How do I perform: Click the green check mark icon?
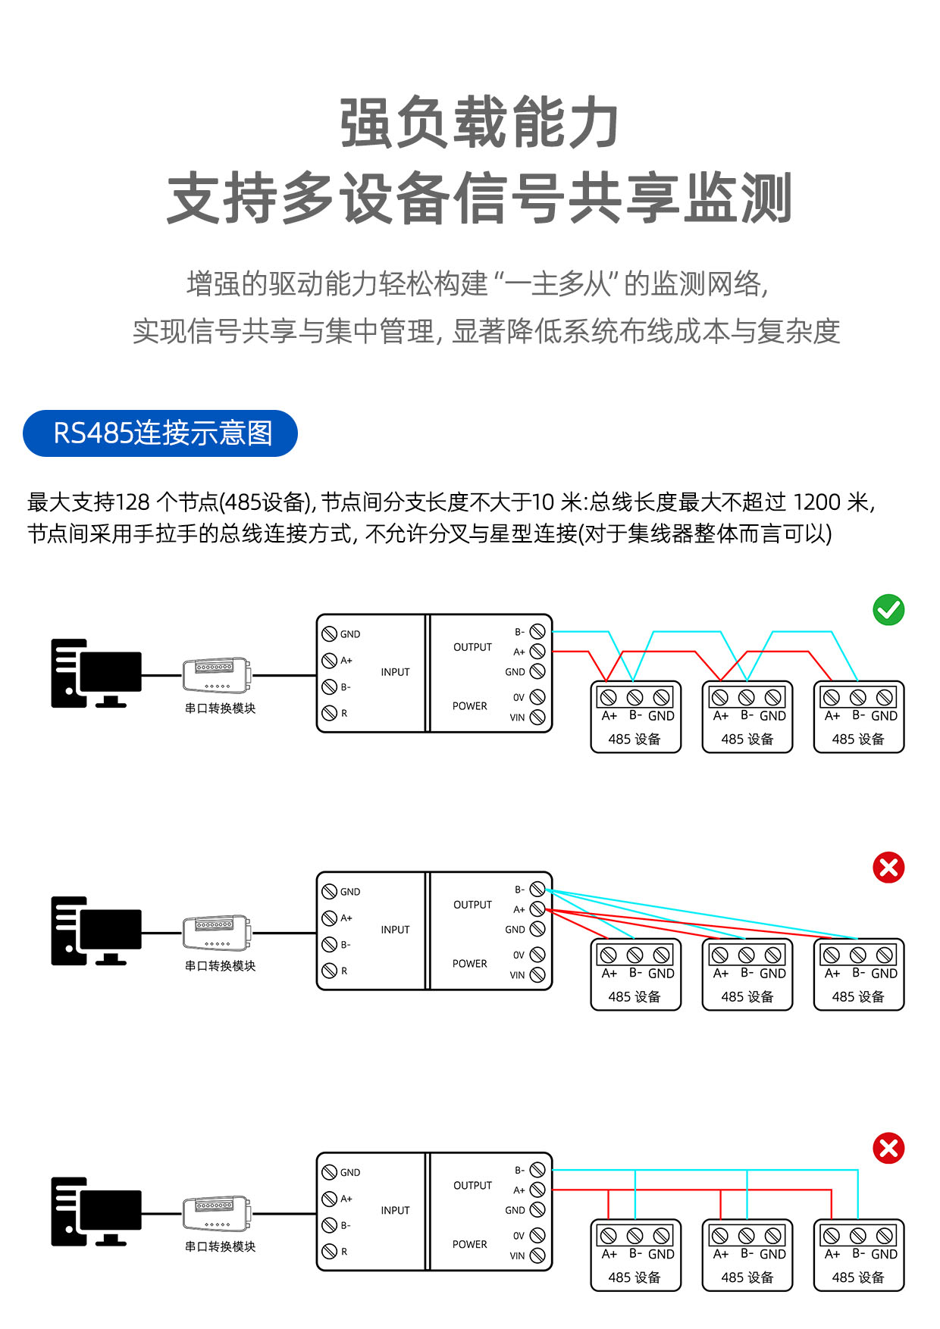[888, 610]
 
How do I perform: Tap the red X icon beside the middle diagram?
[888, 868]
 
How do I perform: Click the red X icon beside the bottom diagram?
[888, 1148]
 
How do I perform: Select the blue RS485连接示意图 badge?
[160, 433]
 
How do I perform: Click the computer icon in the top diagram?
[96, 674]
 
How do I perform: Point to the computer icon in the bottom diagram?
[96, 1212]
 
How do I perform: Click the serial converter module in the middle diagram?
[217, 933]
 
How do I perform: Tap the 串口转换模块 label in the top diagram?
[220, 708]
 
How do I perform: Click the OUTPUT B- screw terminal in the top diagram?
[537, 631]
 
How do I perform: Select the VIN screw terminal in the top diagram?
[537, 717]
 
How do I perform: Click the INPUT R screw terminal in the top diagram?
[329, 713]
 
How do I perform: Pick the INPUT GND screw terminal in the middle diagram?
[329, 891]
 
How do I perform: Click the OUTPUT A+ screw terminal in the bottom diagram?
[537, 1190]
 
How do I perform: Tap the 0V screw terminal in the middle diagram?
[537, 954]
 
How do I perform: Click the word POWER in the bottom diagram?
[470, 1244]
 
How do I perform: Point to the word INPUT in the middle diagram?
[395, 930]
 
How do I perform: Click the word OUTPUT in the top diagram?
[472, 647]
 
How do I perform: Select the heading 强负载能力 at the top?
[479, 123]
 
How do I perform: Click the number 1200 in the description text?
[816, 502]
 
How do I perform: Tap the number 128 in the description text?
[133, 502]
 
